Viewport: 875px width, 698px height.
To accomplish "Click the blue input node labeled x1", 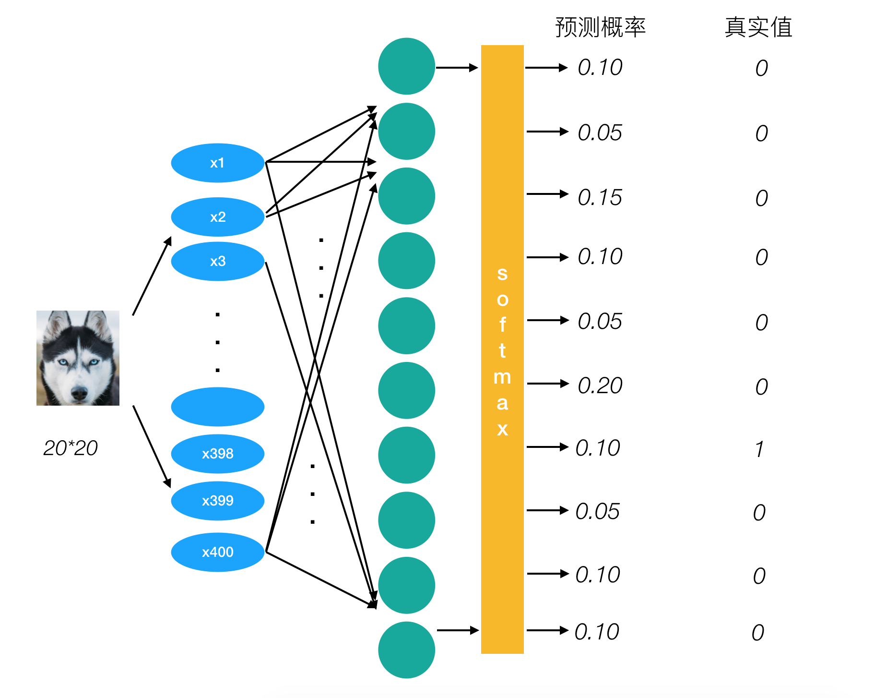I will click(x=217, y=163).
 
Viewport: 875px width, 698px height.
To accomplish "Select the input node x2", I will click(x=217, y=217).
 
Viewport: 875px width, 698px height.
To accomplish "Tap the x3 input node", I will click(x=217, y=261).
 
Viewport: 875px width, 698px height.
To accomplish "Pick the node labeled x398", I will click(x=217, y=454).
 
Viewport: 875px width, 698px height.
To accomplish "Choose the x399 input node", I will click(x=217, y=501).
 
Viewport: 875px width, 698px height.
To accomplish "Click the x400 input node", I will click(x=217, y=552).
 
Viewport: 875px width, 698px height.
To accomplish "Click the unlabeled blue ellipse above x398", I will click(x=217, y=407).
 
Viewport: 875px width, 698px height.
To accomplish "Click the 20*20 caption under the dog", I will click(x=71, y=448).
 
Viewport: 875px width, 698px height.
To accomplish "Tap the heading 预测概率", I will click(x=600, y=27).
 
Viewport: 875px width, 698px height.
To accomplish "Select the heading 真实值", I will click(x=758, y=27).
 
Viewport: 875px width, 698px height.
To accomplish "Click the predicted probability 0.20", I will click(x=600, y=385).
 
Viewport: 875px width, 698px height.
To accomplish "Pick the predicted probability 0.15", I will click(x=600, y=198).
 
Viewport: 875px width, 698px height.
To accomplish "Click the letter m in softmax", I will click(x=502, y=377).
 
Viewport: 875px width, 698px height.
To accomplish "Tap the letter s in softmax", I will click(x=502, y=274).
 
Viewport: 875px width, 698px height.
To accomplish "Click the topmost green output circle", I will click(x=406, y=66).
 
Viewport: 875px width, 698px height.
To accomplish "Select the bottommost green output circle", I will click(x=406, y=650).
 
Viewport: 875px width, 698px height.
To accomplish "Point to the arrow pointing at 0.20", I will click(x=547, y=384).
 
